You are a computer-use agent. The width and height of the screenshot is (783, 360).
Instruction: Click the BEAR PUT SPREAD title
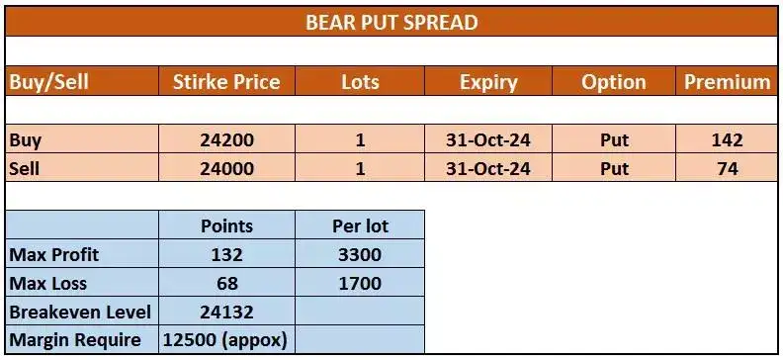coord(391,22)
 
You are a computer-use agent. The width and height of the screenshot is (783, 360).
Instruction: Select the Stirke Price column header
coord(226,82)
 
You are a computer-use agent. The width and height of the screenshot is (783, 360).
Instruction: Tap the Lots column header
coord(360,82)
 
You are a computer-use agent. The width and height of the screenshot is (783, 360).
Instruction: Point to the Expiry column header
coord(487,82)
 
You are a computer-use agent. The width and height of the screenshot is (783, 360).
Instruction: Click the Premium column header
coord(727,82)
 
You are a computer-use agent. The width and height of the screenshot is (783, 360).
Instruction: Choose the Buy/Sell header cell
coord(49,82)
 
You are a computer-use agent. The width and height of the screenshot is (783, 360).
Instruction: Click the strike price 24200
coord(226,140)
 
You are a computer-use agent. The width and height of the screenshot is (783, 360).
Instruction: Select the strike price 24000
coord(226,169)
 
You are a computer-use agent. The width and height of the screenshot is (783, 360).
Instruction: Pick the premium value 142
coord(727,140)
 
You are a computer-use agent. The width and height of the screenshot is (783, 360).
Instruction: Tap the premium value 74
coord(727,169)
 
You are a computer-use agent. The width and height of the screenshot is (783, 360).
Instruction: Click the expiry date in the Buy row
coord(487,140)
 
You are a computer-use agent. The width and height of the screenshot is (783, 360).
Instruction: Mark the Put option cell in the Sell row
coord(614,169)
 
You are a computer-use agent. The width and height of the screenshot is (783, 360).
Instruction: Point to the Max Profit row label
coord(54,254)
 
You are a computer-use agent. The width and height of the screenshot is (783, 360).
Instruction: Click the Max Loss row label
coord(48,284)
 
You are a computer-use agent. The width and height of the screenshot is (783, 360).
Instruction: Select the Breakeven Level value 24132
coord(226,313)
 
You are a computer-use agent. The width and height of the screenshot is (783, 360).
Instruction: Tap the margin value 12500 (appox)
coord(226,341)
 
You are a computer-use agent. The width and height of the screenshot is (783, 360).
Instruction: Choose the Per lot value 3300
coord(360,254)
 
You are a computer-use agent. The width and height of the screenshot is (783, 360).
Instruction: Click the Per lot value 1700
coord(360,284)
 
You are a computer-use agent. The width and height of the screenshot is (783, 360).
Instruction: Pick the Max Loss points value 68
coord(226,284)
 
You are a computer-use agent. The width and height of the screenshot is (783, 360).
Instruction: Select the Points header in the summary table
coord(226,225)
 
